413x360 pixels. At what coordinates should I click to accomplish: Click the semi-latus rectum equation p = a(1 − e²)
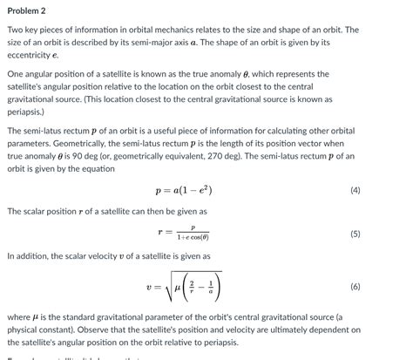[x=182, y=190]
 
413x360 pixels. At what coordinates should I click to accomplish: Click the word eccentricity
[x=33, y=54]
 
